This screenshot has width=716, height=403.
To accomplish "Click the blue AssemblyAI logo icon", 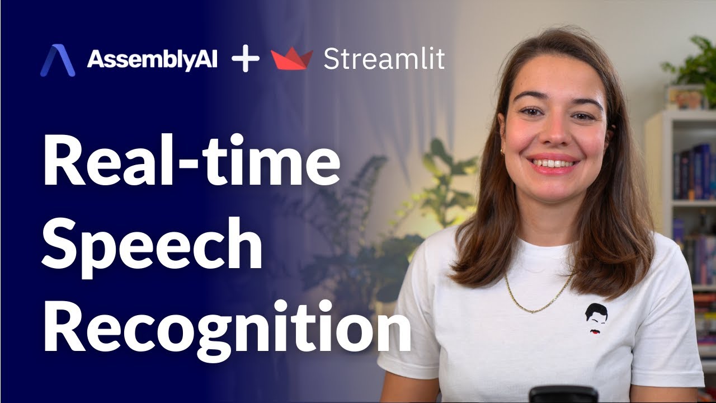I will coord(57,60).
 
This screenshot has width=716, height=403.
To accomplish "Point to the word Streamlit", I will coord(384,59).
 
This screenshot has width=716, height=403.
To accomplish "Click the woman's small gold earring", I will coord(502,151).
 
